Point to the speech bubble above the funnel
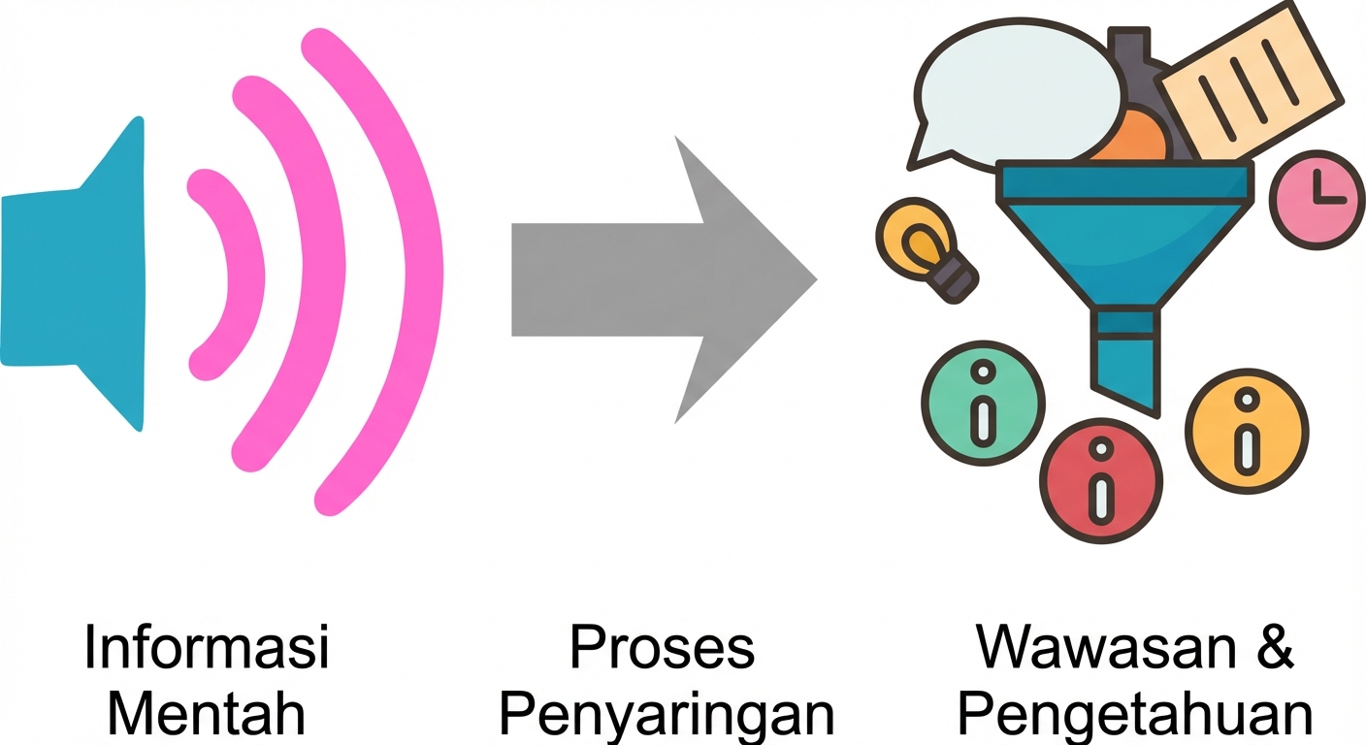click(x=1009, y=97)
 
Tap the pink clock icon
click(x=1310, y=199)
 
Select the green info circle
click(x=983, y=404)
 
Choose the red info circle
click(x=1100, y=480)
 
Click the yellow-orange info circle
click(x=1247, y=427)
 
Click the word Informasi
click(x=207, y=647)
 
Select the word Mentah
click(x=207, y=716)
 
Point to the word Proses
click(x=662, y=647)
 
